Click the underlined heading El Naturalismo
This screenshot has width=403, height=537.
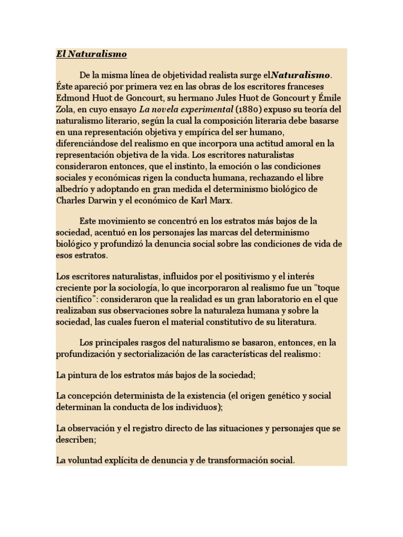[91, 54]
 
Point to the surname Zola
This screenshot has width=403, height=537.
[66, 109]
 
